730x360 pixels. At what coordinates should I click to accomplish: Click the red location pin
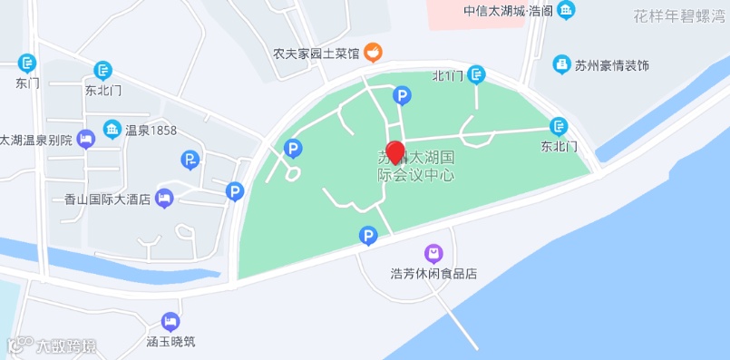[395, 151]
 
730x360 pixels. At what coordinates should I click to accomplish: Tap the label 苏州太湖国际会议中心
[415, 166]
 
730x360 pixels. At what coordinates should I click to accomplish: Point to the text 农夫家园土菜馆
[316, 54]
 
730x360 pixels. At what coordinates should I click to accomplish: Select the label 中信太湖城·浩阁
[508, 12]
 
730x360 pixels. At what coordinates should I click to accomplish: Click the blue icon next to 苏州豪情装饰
[561, 65]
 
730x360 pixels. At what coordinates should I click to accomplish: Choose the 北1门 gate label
[448, 75]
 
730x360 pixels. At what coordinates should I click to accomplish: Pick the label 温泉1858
[151, 131]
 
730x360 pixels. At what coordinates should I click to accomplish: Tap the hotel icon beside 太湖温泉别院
[86, 139]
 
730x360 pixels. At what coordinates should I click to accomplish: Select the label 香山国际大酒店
[108, 199]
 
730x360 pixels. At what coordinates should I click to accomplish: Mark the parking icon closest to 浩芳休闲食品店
[368, 236]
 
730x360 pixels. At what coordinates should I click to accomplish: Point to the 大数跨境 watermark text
[65, 345]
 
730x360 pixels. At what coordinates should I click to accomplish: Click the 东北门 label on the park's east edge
[559, 145]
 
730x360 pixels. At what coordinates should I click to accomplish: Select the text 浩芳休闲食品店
[433, 273]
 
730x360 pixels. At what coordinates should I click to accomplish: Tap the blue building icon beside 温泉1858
[112, 131]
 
